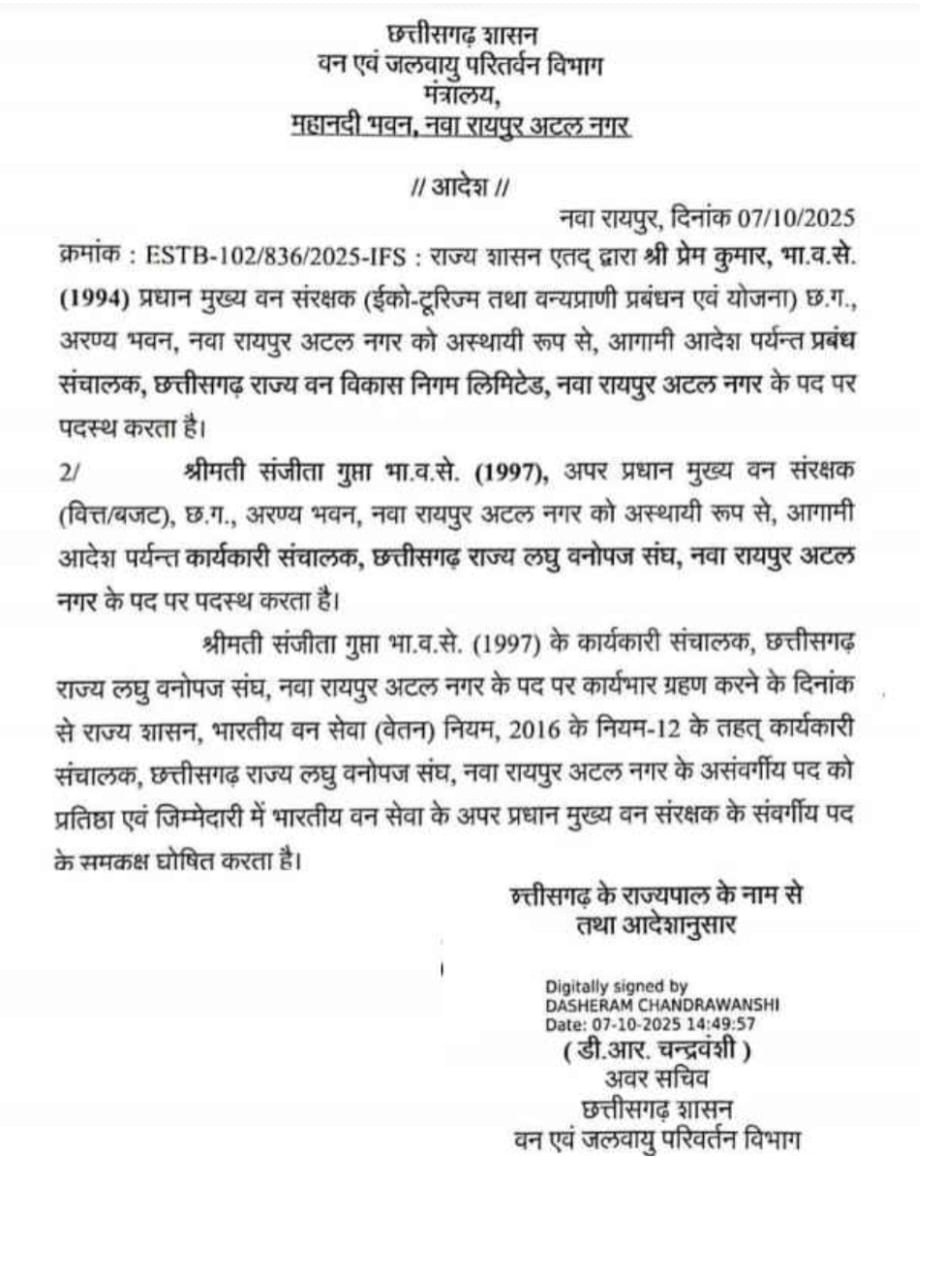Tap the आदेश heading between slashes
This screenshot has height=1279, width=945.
pos(461,186)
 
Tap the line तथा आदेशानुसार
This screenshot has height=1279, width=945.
pos(655,925)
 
